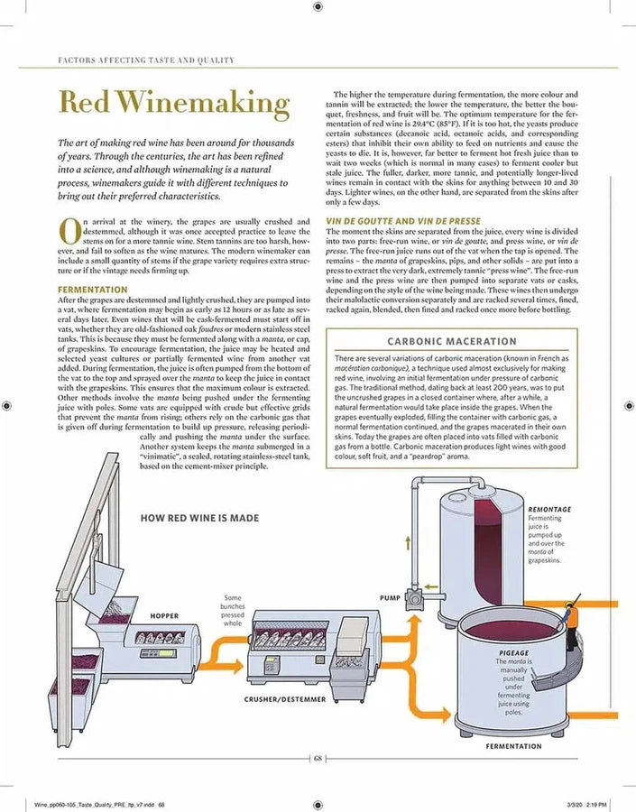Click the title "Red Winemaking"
point(174,103)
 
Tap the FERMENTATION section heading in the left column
point(92,290)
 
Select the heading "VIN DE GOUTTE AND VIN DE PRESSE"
point(403,221)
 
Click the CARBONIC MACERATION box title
point(452,341)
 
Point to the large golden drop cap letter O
point(70,232)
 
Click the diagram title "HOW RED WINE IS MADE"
point(199,518)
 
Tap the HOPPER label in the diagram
point(164,615)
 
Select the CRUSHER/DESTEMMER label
point(285,699)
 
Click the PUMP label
point(390,597)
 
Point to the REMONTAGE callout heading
point(549,509)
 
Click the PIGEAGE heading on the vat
point(514,653)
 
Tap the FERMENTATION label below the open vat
point(514,746)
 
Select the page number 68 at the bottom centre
point(318,759)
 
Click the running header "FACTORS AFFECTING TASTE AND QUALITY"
point(146,60)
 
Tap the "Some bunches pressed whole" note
point(233,611)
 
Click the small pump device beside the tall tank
point(415,597)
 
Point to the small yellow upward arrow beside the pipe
point(408,543)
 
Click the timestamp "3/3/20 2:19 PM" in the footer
point(586,804)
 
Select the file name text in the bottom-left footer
point(99,804)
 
